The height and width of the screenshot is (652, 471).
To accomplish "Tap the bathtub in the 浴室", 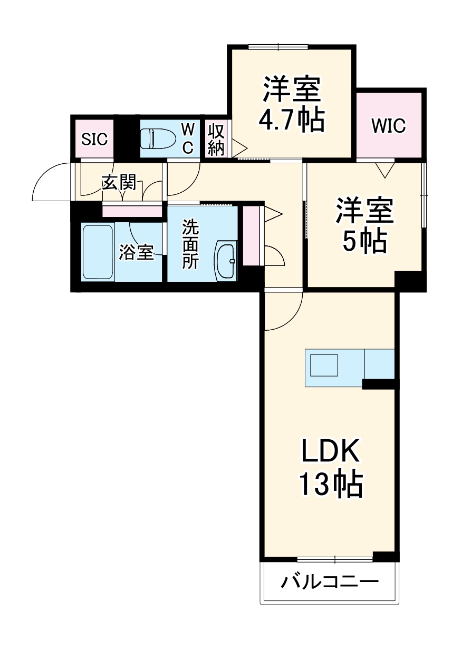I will [x=98, y=252].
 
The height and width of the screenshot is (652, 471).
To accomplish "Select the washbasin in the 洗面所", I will [x=227, y=260].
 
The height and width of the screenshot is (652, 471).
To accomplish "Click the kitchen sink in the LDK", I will [x=324, y=365].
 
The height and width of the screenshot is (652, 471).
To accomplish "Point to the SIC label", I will [x=94, y=140].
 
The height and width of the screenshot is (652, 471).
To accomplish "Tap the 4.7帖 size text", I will [x=291, y=121].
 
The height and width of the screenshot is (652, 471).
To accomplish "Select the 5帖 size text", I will [x=364, y=241].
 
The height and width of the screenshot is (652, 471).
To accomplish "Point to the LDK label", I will [x=331, y=451].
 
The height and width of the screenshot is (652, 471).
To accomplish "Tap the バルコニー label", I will [x=330, y=582].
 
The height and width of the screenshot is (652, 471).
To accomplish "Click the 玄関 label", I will [x=119, y=182].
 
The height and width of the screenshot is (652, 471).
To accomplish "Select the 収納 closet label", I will [x=216, y=140].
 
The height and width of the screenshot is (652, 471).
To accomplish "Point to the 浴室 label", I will [x=136, y=252].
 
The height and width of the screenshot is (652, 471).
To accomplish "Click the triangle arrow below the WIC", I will [x=385, y=170].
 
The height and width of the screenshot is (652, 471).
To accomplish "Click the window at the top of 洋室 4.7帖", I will [x=278, y=46].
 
